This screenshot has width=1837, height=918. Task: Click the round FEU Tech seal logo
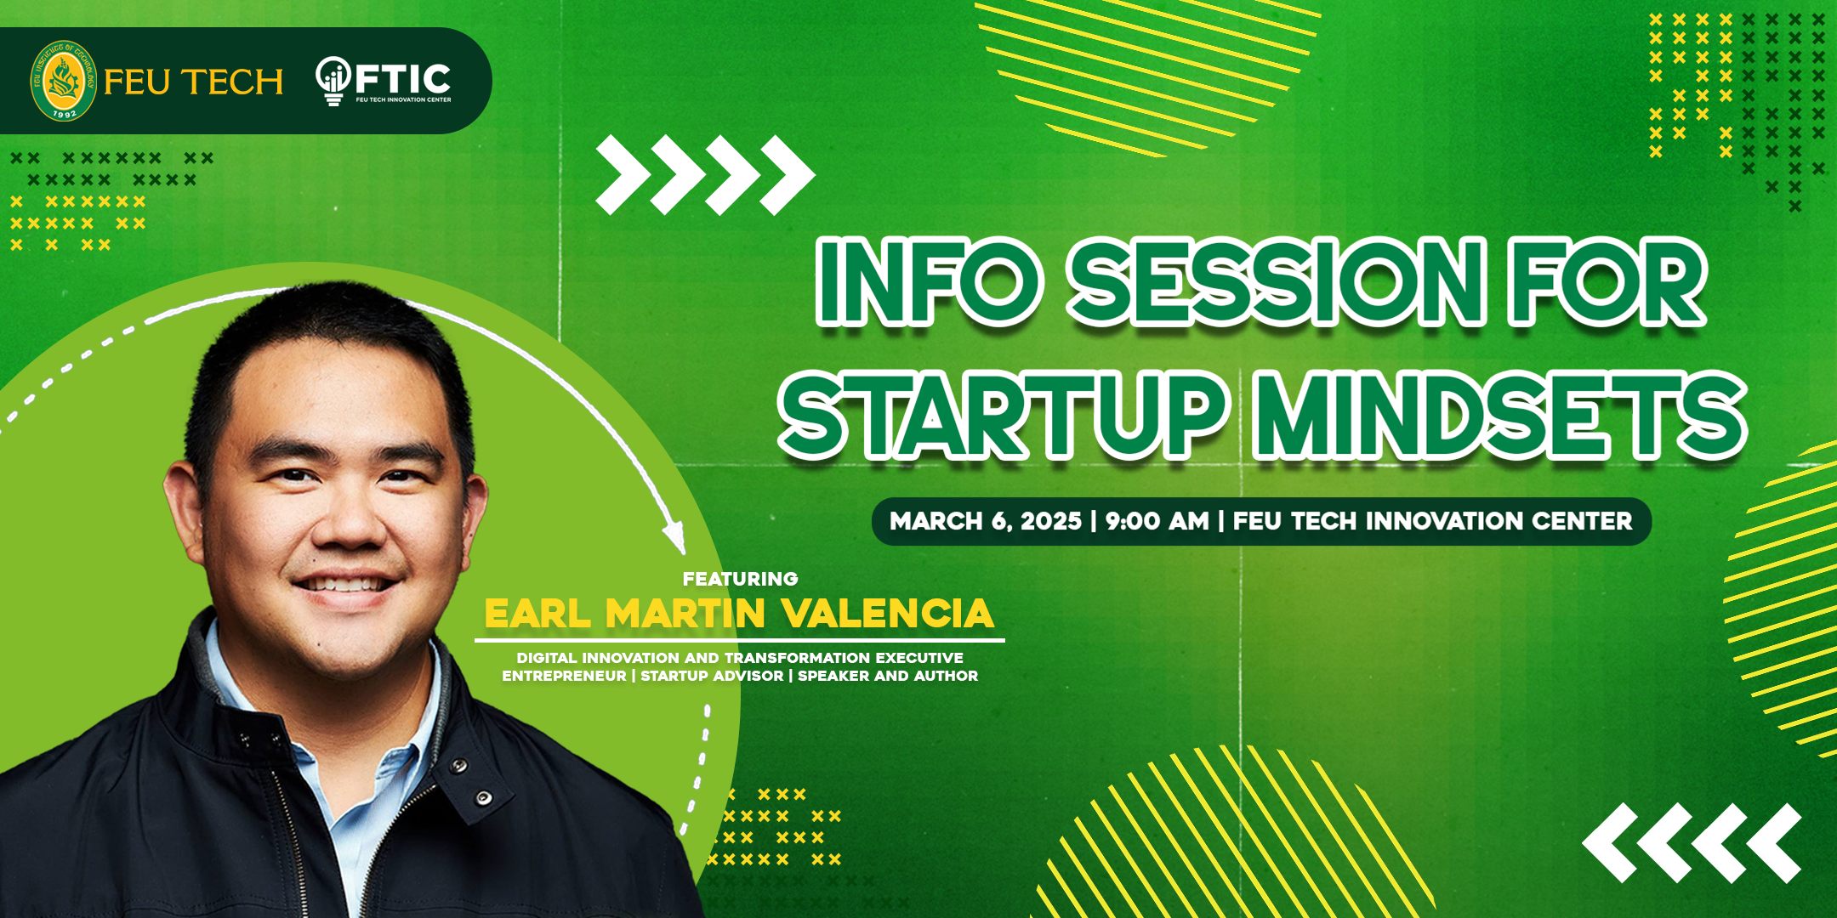coord(64,81)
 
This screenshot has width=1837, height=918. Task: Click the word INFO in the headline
coord(928,282)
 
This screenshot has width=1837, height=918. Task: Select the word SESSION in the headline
coord(1277,282)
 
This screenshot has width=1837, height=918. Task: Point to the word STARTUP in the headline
coord(1004,416)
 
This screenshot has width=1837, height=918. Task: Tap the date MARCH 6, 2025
coord(986,521)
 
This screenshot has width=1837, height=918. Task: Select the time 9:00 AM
coord(1157,521)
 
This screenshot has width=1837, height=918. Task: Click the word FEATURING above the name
coord(740,579)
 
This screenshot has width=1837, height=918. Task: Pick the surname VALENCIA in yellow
coord(888,613)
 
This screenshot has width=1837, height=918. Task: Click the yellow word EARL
coord(537,613)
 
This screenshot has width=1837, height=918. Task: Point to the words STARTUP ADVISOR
coord(712,676)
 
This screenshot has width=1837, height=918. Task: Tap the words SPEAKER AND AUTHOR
coord(888,676)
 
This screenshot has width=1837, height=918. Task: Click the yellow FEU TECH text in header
coord(194,82)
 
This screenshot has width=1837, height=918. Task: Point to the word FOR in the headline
coord(1608,282)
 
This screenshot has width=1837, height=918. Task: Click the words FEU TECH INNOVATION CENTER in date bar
coord(1433,521)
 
